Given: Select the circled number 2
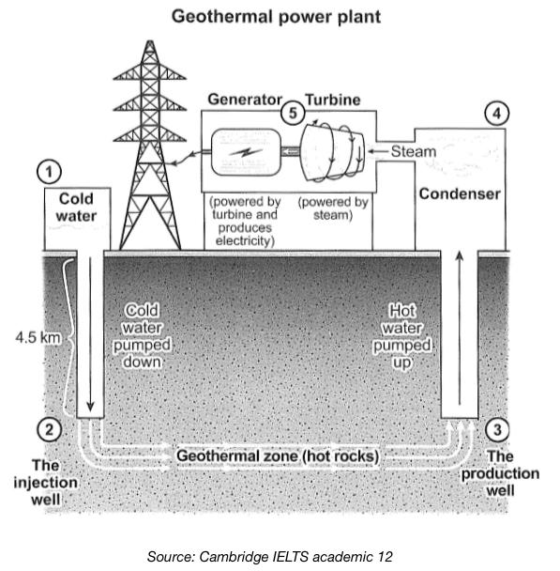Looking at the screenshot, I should (x=51, y=430).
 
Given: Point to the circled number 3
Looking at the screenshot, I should (x=499, y=430).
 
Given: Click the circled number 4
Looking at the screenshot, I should (x=497, y=114).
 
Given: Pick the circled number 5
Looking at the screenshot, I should (x=295, y=113).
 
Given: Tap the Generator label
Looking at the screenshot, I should (x=245, y=99).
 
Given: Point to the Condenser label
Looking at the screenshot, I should (x=459, y=194).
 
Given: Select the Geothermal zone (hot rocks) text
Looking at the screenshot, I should (x=278, y=456).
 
